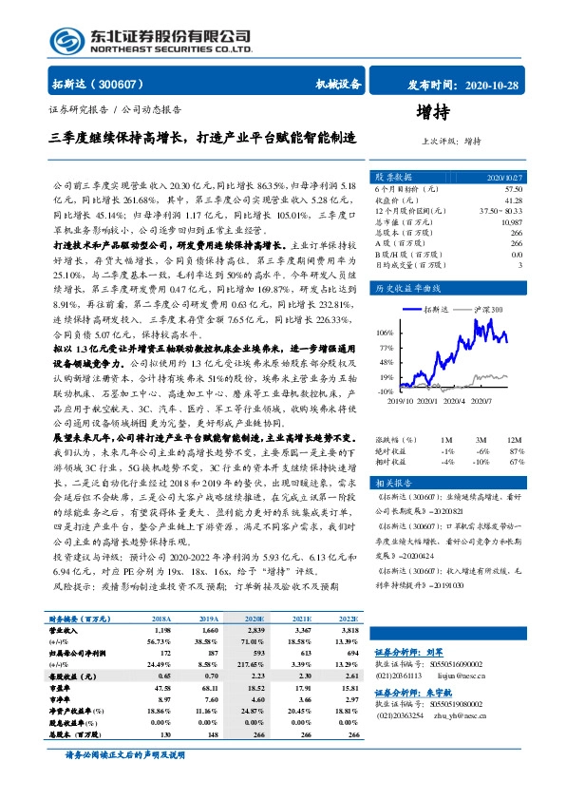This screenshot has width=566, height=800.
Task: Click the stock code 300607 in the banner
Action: click(102, 83)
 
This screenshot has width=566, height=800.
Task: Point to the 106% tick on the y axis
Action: click(384, 333)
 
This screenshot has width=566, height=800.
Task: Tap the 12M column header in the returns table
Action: click(515, 441)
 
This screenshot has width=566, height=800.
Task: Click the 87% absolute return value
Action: click(516, 450)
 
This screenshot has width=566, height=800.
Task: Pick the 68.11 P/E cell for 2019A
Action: click(210, 687)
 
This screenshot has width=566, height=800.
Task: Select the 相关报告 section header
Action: click(393, 484)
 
